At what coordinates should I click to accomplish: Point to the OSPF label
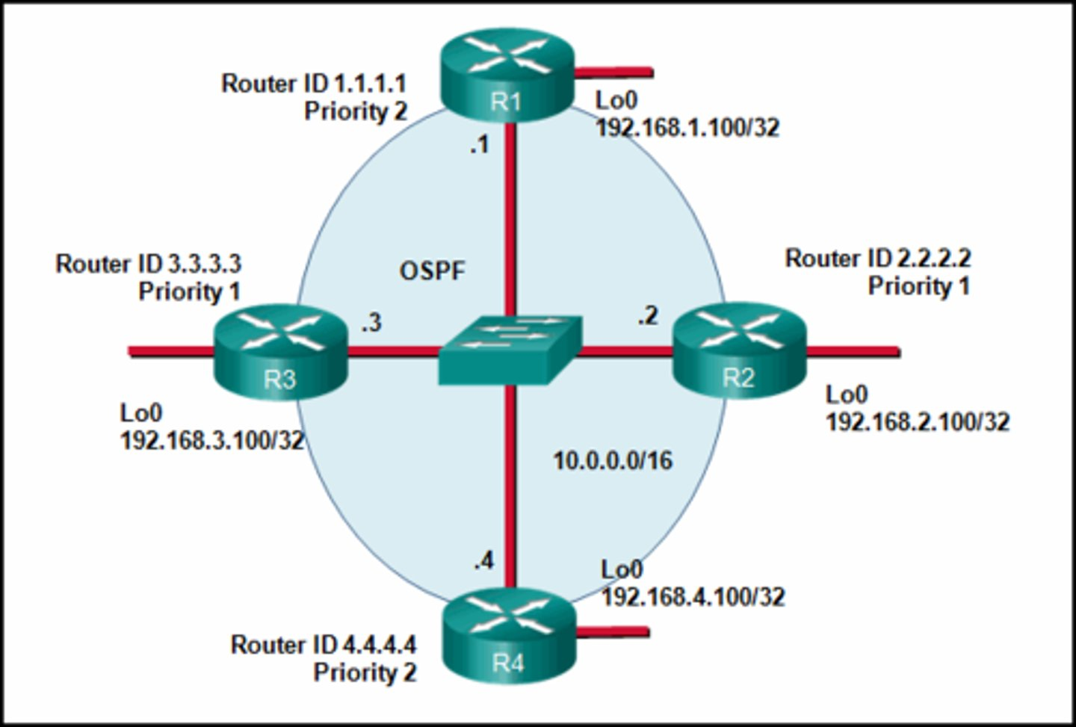432,270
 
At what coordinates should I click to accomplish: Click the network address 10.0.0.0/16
612,460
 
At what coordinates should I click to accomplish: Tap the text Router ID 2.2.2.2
877,259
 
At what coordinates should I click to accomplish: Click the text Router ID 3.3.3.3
148,264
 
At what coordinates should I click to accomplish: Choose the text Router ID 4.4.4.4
324,644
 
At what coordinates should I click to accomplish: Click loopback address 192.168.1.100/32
687,128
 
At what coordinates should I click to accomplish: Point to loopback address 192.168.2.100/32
917,422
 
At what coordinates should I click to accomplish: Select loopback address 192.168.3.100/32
212,440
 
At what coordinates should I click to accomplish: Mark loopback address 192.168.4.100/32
693,596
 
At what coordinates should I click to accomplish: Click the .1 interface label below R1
479,145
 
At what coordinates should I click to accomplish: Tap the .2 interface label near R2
648,316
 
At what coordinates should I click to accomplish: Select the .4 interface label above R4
483,560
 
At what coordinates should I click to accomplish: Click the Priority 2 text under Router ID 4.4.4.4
364,672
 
